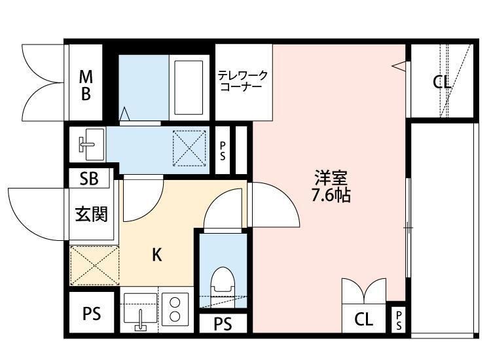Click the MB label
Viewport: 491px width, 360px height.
click(x=86, y=85)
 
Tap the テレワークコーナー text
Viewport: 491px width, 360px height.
click(x=243, y=81)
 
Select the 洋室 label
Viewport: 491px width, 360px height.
click(x=331, y=177)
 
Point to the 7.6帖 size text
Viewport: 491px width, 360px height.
click(x=331, y=195)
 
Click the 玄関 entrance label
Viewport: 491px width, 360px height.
click(x=91, y=214)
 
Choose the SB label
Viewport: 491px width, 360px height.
click(x=89, y=179)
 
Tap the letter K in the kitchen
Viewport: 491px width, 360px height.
click(x=157, y=255)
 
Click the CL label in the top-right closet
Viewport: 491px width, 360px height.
click(x=442, y=82)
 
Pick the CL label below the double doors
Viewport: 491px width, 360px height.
click(x=364, y=320)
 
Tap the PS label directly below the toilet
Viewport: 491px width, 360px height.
click(x=223, y=324)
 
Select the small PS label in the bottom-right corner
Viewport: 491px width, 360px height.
click(x=398, y=320)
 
